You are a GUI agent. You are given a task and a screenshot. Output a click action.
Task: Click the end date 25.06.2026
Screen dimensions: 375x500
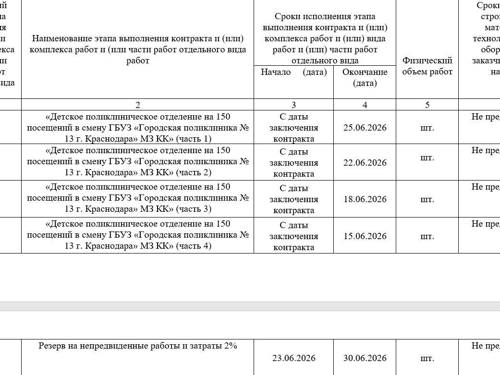coord(365,128)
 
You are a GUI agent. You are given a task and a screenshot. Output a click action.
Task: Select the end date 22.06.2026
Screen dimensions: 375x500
coord(365,163)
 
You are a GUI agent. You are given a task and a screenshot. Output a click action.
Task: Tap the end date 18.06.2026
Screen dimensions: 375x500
coord(365,199)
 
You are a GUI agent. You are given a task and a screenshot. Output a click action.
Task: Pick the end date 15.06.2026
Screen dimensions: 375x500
coord(365,236)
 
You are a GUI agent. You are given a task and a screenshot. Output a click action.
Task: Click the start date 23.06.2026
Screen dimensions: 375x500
coord(293,358)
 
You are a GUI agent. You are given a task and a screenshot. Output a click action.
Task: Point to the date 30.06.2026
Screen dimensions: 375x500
coord(365,358)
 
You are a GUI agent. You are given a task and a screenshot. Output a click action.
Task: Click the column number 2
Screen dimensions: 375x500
coord(138,105)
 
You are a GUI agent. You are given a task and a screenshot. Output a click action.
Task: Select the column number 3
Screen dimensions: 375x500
coord(293,105)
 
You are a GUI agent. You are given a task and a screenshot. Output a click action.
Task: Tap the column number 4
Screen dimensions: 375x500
coord(365,105)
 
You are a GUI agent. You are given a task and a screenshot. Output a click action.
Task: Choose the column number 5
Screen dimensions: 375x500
coord(427,105)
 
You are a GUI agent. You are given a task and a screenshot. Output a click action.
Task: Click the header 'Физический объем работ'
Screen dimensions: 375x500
coord(427,66)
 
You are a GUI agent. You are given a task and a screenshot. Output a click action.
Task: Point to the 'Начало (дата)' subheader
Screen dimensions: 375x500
coord(293,72)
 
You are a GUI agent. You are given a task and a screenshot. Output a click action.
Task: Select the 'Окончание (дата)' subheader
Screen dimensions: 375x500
coord(365,77)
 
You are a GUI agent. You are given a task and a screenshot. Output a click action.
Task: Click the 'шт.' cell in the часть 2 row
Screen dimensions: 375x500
coord(427,157)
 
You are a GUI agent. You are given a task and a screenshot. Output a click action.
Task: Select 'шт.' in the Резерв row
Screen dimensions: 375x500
coord(427,358)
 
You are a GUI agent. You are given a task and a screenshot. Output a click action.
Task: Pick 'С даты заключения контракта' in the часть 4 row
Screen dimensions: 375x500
coord(293,236)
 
